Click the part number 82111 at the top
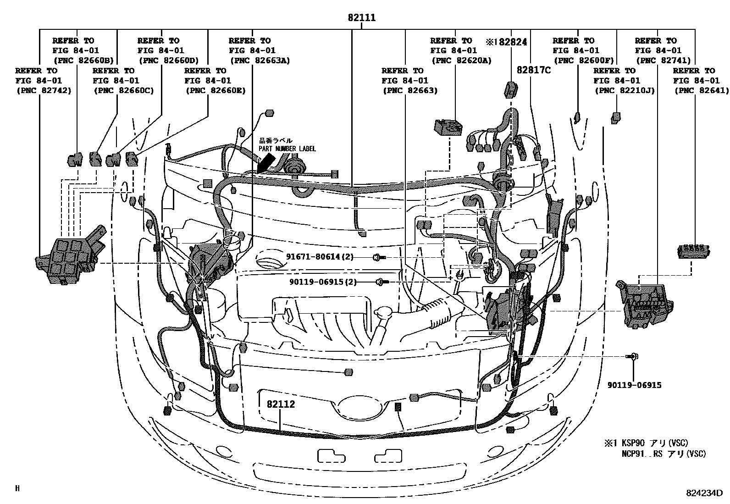(x=361, y=18)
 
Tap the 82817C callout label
(x=534, y=70)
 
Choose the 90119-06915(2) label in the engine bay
(x=322, y=282)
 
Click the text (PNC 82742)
(x=43, y=90)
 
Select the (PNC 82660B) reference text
(x=83, y=60)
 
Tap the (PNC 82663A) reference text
(x=259, y=60)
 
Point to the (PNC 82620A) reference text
(x=461, y=60)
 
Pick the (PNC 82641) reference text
(x=701, y=90)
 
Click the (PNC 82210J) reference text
(x=624, y=90)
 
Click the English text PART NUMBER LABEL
(x=287, y=149)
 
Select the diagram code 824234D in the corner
(x=704, y=493)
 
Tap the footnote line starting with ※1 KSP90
(x=652, y=443)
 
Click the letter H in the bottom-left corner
(x=17, y=488)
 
